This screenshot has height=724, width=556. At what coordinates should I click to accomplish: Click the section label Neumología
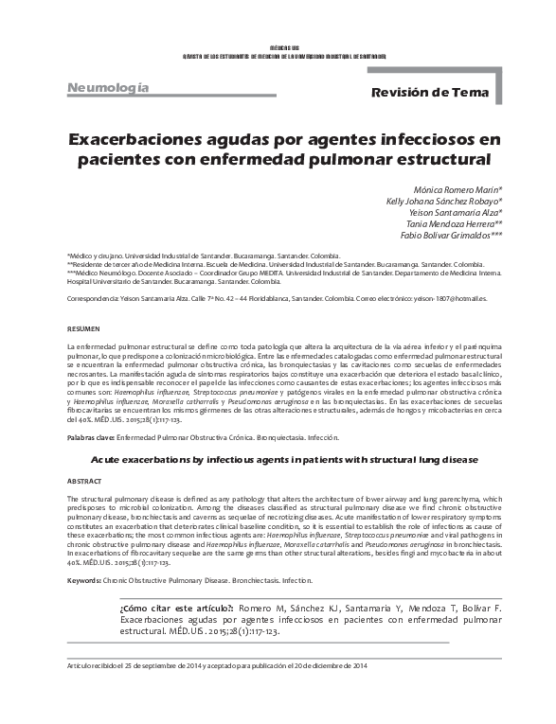[107, 88]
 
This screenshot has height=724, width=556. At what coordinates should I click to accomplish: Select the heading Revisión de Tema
[429, 93]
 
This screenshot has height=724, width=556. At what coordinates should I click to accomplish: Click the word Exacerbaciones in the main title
[141, 139]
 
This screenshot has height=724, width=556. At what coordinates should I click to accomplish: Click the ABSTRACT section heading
[84, 481]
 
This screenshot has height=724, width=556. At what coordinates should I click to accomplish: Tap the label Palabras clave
[90, 438]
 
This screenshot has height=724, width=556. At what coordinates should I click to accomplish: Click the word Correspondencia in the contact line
[93, 297]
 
